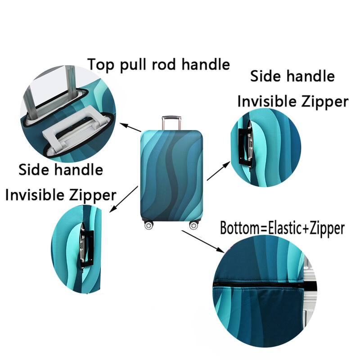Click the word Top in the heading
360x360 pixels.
[x=101, y=64]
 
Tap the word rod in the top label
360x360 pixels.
[x=164, y=64]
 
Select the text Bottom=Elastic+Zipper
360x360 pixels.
[x=282, y=229]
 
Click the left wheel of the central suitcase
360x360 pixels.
[x=149, y=225]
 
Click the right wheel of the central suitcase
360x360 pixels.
[x=194, y=225]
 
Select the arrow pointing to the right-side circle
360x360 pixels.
[x=218, y=171]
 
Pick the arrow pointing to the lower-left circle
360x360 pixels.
[x=124, y=199]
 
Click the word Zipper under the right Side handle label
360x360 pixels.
[x=325, y=102]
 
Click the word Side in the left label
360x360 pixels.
[x=34, y=170]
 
